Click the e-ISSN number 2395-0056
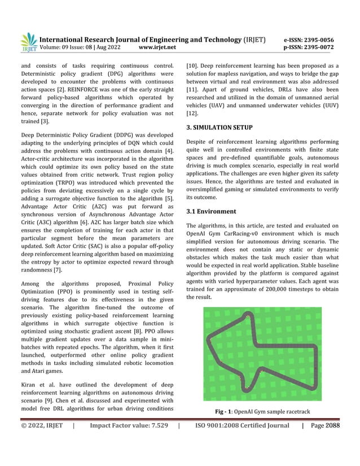pos(319,40)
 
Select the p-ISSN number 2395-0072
pos(319,48)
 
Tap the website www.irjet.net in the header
pos(157,48)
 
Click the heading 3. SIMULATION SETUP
pos(219,128)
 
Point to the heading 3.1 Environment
pos(211,212)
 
